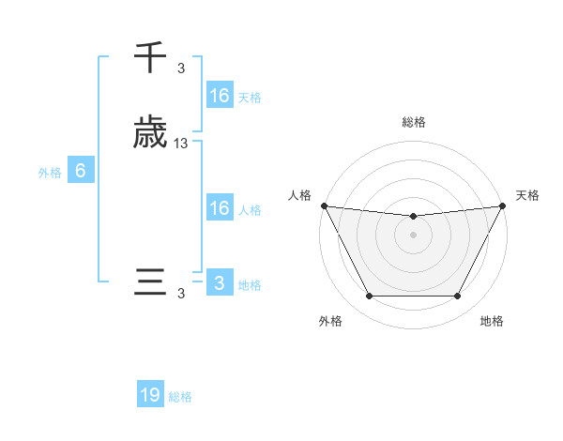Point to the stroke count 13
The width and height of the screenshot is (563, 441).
pyautogui.click(x=181, y=144)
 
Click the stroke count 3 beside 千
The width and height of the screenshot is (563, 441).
pyautogui.click(x=181, y=68)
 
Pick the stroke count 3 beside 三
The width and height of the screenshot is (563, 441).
pyautogui.click(x=181, y=294)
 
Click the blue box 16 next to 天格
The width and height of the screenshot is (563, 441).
pyautogui.click(x=219, y=96)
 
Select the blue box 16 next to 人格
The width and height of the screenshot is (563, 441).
pyautogui.click(x=219, y=208)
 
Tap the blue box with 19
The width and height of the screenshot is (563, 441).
pyautogui.click(x=150, y=395)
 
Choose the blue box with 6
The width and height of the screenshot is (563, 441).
pyautogui.click(x=81, y=171)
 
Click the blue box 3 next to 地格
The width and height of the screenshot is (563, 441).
pyautogui.click(x=219, y=283)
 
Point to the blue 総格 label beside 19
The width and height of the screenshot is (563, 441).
pyautogui.click(x=180, y=397)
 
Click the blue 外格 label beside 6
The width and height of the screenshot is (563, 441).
pyautogui.click(x=49, y=173)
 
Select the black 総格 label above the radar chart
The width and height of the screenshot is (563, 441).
pyautogui.click(x=413, y=122)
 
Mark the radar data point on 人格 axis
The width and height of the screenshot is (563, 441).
pyautogui.click(x=324, y=205)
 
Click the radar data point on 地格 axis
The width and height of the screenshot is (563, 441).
pyautogui.click(x=458, y=297)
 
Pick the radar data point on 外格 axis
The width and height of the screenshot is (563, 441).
pyautogui.click(x=369, y=297)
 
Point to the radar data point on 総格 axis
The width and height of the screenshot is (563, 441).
pyautogui.click(x=413, y=217)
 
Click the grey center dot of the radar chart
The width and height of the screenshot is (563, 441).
pyautogui.click(x=413, y=235)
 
